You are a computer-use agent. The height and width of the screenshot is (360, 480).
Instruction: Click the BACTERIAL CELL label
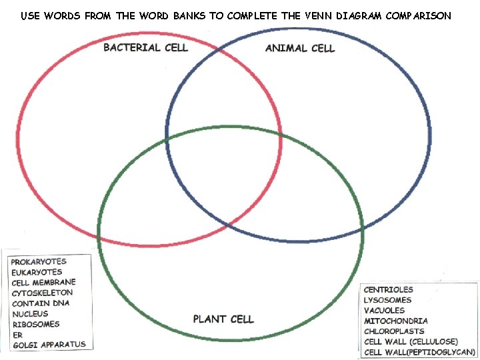point(145,47)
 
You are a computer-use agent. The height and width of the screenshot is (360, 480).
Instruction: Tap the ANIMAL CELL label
point(299,48)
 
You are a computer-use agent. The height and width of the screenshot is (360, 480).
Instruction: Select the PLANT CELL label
point(223,319)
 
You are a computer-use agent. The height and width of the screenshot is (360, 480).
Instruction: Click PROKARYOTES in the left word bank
point(39,262)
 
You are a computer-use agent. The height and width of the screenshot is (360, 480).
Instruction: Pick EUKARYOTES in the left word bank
point(37,272)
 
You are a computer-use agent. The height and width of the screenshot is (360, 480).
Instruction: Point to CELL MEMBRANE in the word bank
point(43,283)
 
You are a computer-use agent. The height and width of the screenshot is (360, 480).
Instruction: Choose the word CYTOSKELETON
point(42,293)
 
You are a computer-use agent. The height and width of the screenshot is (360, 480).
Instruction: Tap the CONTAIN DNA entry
point(40,303)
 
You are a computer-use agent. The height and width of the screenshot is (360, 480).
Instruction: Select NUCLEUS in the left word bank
point(29,313)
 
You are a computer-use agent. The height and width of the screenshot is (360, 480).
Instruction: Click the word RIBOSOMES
point(35,324)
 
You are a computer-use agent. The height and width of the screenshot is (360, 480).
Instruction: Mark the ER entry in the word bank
point(17,334)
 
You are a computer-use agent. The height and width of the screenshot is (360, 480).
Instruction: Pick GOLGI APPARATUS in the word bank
point(49,345)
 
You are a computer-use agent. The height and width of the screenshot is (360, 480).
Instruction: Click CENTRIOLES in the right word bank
point(388,289)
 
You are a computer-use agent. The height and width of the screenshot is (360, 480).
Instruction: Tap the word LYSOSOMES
point(387,300)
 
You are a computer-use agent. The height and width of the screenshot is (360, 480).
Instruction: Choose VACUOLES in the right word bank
point(384,310)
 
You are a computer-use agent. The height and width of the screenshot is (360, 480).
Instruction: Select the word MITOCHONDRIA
point(395,321)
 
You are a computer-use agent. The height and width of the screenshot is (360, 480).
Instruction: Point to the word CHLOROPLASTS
point(393,331)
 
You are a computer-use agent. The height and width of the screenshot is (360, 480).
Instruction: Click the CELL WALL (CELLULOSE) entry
point(411,341)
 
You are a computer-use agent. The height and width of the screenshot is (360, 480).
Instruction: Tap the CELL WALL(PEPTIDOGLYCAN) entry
point(419,351)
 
